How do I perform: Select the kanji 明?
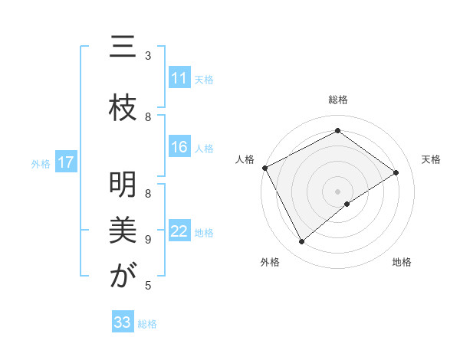click(122, 184)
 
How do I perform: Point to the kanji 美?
click(122, 230)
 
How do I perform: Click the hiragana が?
click(122, 276)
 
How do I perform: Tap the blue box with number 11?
click(179, 78)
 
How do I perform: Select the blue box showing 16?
click(179, 148)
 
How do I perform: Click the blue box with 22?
click(179, 231)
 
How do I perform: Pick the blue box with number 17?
click(66, 162)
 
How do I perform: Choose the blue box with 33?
click(123, 322)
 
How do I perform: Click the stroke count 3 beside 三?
click(148, 55)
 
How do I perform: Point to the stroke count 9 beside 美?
click(148, 240)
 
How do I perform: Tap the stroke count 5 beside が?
click(148, 286)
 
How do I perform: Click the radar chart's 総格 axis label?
click(337, 100)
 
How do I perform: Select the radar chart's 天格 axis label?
click(431, 159)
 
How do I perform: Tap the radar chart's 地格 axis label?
click(402, 262)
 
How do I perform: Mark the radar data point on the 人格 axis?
click(264, 168)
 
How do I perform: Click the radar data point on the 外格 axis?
click(301, 241)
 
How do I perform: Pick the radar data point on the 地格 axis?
click(347, 204)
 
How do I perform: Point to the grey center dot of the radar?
click(337, 191)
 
